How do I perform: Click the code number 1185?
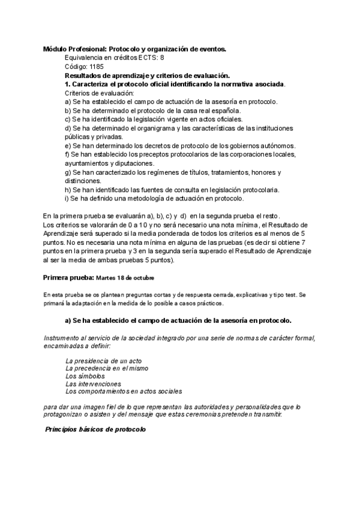(96, 67)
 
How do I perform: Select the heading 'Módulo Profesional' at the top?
(76, 49)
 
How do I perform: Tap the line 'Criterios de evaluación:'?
(100, 93)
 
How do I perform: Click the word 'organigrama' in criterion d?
(163, 128)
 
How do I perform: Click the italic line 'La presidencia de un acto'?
(103, 360)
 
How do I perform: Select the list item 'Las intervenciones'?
(93, 384)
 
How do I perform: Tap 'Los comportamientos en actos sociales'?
(123, 391)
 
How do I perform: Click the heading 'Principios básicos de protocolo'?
(96, 430)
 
